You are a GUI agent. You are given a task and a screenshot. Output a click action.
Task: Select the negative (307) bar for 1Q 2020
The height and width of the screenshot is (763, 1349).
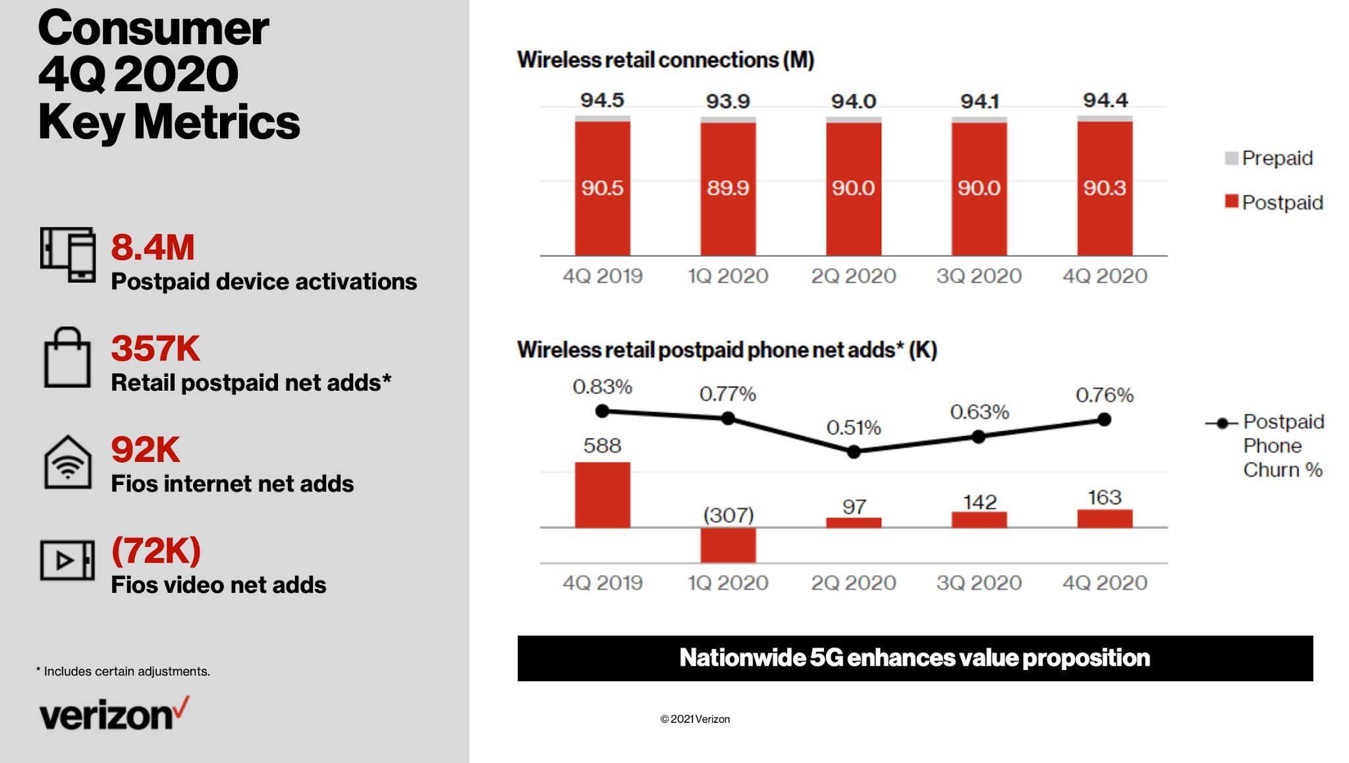click(728, 545)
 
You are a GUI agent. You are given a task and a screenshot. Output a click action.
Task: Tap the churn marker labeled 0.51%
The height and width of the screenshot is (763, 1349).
click(854, 452)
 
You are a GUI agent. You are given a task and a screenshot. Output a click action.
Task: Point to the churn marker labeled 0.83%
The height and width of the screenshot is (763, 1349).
click(602, 411)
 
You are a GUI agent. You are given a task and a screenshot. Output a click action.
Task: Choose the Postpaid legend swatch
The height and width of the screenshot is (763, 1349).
click(1231, 202)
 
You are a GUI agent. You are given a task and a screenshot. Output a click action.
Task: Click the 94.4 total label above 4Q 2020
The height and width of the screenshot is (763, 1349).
click(1105, 100)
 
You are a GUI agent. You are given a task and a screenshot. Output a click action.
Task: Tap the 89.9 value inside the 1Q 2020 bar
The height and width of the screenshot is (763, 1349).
click(728, 188)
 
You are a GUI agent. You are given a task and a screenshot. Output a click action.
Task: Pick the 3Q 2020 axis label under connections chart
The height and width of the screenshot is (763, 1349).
click(979, 275)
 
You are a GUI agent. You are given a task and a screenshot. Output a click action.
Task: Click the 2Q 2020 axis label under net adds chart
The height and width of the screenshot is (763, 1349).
click(853, 582)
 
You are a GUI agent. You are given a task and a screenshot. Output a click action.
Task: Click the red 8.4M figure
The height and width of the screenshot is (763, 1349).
click(153, 247)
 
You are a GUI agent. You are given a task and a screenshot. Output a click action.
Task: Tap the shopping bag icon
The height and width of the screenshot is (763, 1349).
click(67, 358)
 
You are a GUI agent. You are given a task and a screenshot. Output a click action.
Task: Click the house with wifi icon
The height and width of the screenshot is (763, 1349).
click(68, 463)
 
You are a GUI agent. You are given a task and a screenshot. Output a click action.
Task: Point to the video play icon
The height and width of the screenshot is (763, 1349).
click(67, 560)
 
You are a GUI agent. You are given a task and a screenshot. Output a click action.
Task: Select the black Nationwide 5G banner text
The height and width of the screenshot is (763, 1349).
click(914, 658)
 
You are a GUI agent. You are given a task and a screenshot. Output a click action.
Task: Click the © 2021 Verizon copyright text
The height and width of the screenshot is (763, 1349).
click(695, 719)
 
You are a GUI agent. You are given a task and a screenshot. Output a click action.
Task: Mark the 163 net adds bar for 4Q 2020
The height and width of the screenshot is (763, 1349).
click(1105, 519)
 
